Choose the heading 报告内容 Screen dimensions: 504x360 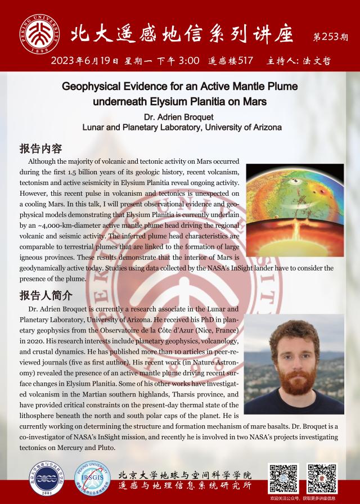tap(40, 149)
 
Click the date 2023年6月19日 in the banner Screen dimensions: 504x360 tap(85, 61)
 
